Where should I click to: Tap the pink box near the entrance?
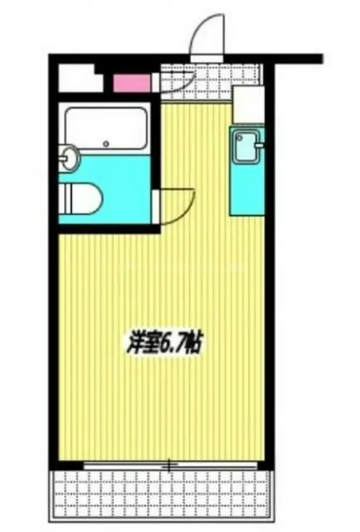[131, 81]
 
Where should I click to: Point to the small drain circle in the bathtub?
[106, 142]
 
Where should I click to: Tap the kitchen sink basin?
[246, 147]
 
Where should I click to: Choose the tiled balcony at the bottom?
[161, 496]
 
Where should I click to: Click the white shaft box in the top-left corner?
[76, 78]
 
